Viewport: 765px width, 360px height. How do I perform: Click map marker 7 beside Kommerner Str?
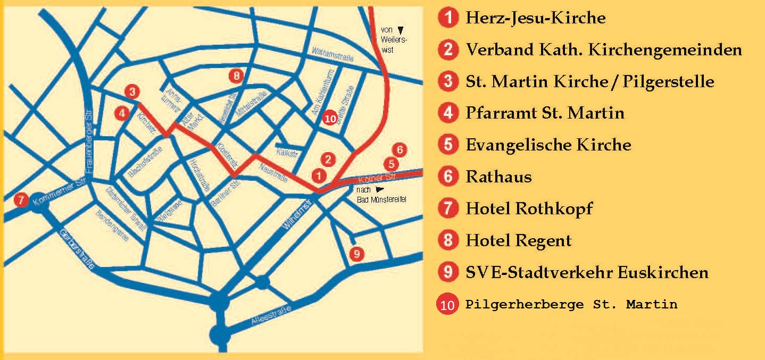tap(21, 200)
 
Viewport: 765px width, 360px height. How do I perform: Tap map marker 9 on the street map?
tap(357, 253)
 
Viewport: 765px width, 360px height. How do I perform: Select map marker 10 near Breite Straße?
tap(330, 119)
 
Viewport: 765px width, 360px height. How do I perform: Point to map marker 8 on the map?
tap(237, 76)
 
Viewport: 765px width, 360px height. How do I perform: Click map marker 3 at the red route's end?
tap(132, 91)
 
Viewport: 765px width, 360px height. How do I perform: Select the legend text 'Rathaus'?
tap(498, 177)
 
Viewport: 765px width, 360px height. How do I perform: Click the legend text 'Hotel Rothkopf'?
tap(529, 208)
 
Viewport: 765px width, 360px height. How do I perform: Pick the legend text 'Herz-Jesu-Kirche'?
tap(535, 18)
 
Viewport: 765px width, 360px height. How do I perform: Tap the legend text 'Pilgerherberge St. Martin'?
tap(571, 305)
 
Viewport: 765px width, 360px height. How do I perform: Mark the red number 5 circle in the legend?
tap(448, 145)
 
